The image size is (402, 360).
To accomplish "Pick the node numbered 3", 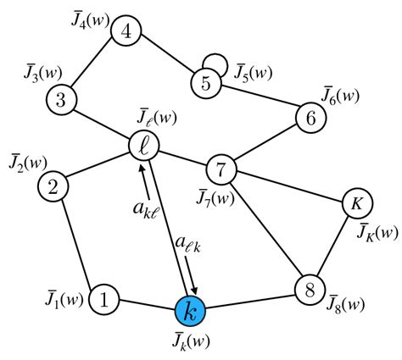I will [x=60, y=98].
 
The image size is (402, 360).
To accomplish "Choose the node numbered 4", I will [x=127, y=33].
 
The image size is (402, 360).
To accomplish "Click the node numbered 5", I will [x=205, y=84].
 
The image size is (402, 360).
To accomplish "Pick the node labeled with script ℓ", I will [x=142, y=146].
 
